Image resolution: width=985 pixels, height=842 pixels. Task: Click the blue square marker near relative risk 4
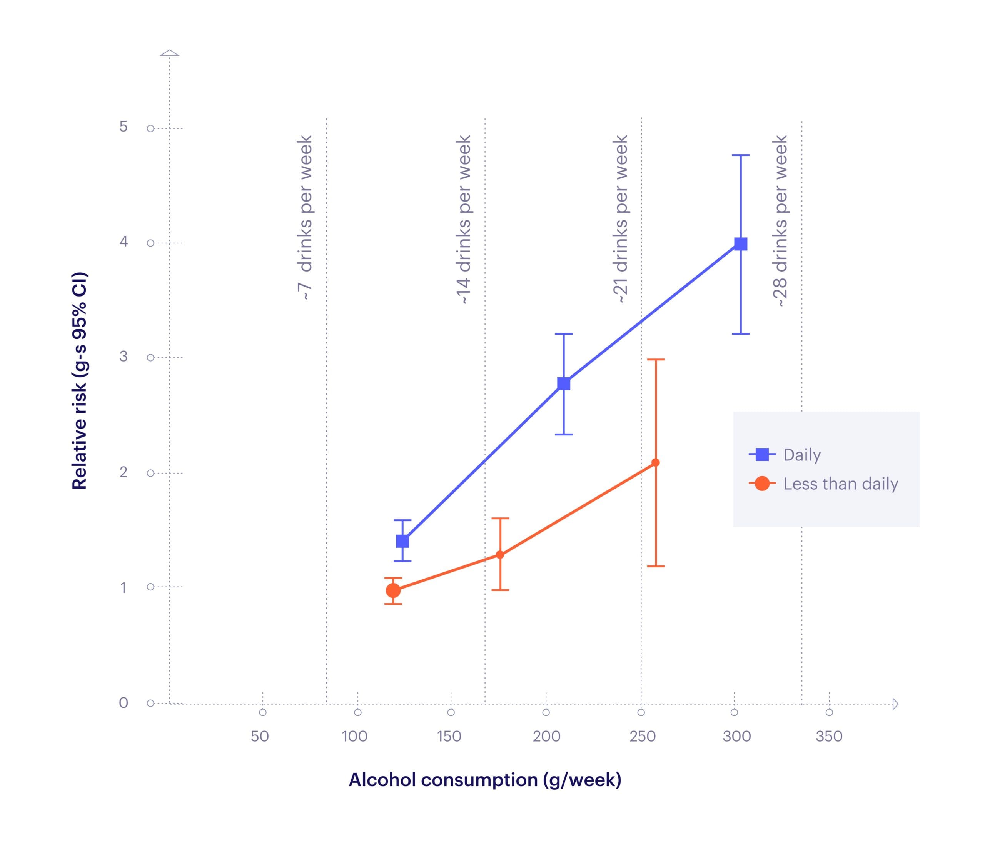pyautogui.click(x=740, y=244)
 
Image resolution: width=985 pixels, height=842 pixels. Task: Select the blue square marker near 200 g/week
pyautogui.click(x=563, y=383)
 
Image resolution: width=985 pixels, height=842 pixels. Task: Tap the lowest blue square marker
pyautogui.click(x=402, y=541)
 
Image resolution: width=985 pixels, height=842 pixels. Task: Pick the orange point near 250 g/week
pyautogui.click(x=656, y=462)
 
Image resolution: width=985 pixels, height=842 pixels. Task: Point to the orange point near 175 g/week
pyautogui.click(x=500, y=555)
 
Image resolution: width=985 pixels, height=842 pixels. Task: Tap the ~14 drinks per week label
pyautogui.click(x=464, y=219)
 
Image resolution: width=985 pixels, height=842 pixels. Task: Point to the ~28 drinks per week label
pyautogui.click(x=780, y=221)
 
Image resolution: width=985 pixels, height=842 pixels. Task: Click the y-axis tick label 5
pyautogui.click(x=124, y=127)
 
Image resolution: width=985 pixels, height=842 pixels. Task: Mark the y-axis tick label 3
pyautogui.click(x=124, y=356)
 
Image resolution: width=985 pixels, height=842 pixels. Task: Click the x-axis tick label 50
pyautogui.click(x=260, y=736)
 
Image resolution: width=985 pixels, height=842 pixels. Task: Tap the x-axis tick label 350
pyautogui.click(x=829, y=736)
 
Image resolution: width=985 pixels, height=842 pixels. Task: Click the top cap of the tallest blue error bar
pyautogui.click(x=740, y=155)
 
